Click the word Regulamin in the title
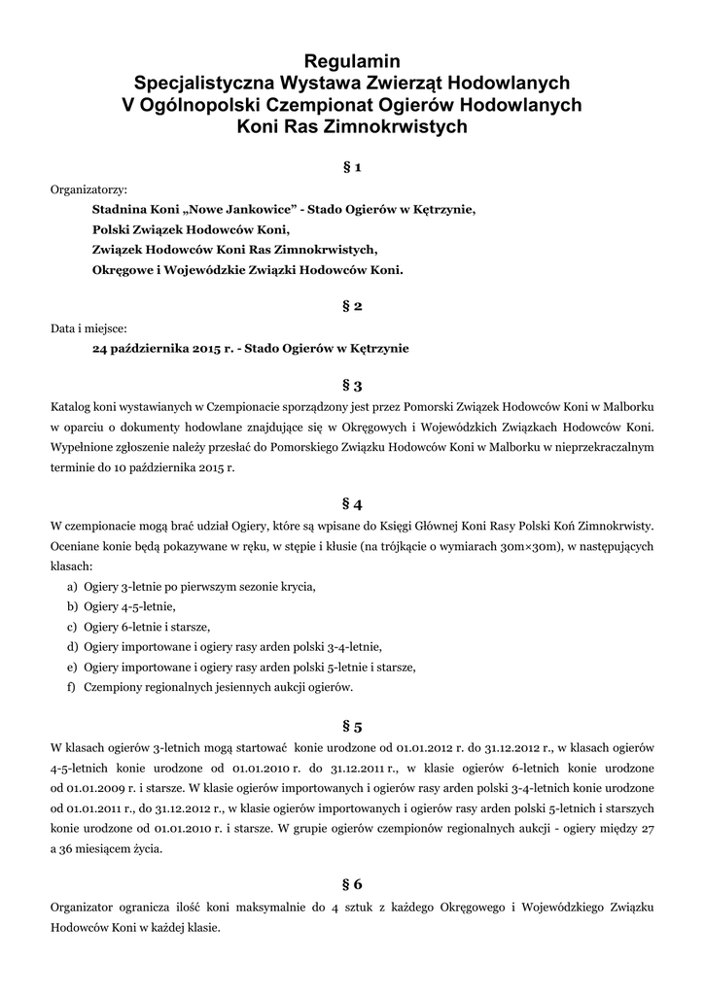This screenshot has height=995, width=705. (x=352, y=61)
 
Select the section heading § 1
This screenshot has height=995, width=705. (x=352, y=167)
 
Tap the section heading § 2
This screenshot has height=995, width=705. (x=352, y=306)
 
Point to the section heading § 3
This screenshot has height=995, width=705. (x=352, y=385)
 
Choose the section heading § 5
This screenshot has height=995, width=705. (x=352, y=726)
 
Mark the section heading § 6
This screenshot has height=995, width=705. (x=352, y=883)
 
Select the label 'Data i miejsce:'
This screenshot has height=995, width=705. (x=88, y=327)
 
